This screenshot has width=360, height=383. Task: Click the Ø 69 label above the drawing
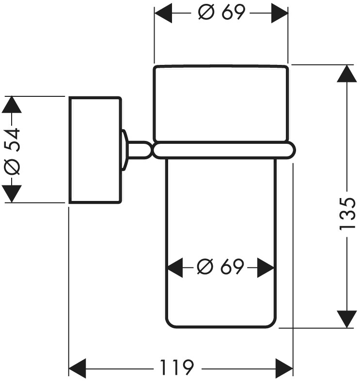(x=221, y=13)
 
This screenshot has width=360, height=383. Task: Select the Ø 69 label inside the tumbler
(x=220, y=267)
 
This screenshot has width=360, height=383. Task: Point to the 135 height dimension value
(x=347, y=214)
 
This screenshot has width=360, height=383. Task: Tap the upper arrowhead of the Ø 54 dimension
(x=12, y=105)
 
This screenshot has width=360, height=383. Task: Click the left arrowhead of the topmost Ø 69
(x=164, y=13)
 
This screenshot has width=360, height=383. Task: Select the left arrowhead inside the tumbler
(x=175, y=267)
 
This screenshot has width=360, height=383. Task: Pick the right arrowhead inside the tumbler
(x=266, y=267)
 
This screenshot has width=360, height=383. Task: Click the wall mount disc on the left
(x=95, y=150)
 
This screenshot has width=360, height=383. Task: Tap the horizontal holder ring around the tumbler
(x=223, y=150)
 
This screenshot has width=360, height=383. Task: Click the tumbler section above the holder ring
(x=221, y=103)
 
